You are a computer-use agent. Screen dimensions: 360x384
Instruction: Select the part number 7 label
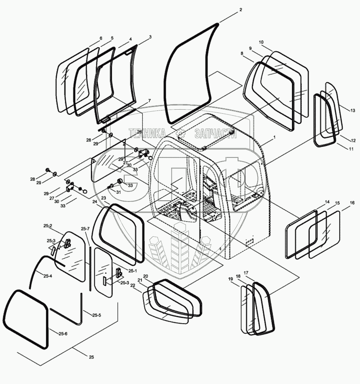coord(149,100)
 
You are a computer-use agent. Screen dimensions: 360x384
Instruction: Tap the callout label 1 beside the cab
coord(275,138)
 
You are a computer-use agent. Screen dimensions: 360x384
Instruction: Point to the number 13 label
coord(353,110)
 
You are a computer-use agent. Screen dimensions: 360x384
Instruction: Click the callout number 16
coord(352,203)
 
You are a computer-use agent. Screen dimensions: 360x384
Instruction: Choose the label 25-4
coord(48,276)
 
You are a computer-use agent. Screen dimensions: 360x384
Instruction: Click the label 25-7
coord(85,229)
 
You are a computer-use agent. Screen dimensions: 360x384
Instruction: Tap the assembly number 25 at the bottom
coord(91,357)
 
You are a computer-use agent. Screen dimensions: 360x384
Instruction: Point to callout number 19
coord(230,279)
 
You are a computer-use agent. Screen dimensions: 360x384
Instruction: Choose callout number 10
coord(261,42)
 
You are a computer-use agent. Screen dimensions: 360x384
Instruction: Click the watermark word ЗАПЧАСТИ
coord(215,134)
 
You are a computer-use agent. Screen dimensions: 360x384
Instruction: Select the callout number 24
coord(94,201)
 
